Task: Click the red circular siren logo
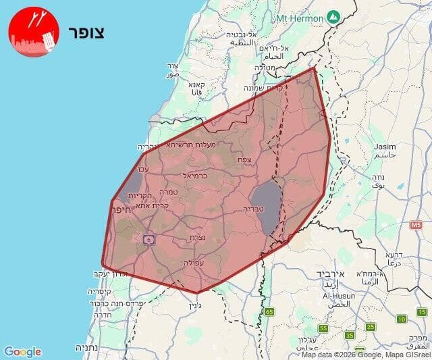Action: click(34, 32)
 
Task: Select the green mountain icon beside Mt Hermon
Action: click(332, 16)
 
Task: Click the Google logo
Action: click(22, 351)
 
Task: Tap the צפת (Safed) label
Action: click(244, 159)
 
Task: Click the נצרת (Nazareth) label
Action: click(198, 237)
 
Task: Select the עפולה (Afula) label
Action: click(194, 263)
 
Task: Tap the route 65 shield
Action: click(269, 311)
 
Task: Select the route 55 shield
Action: click(323, 328)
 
